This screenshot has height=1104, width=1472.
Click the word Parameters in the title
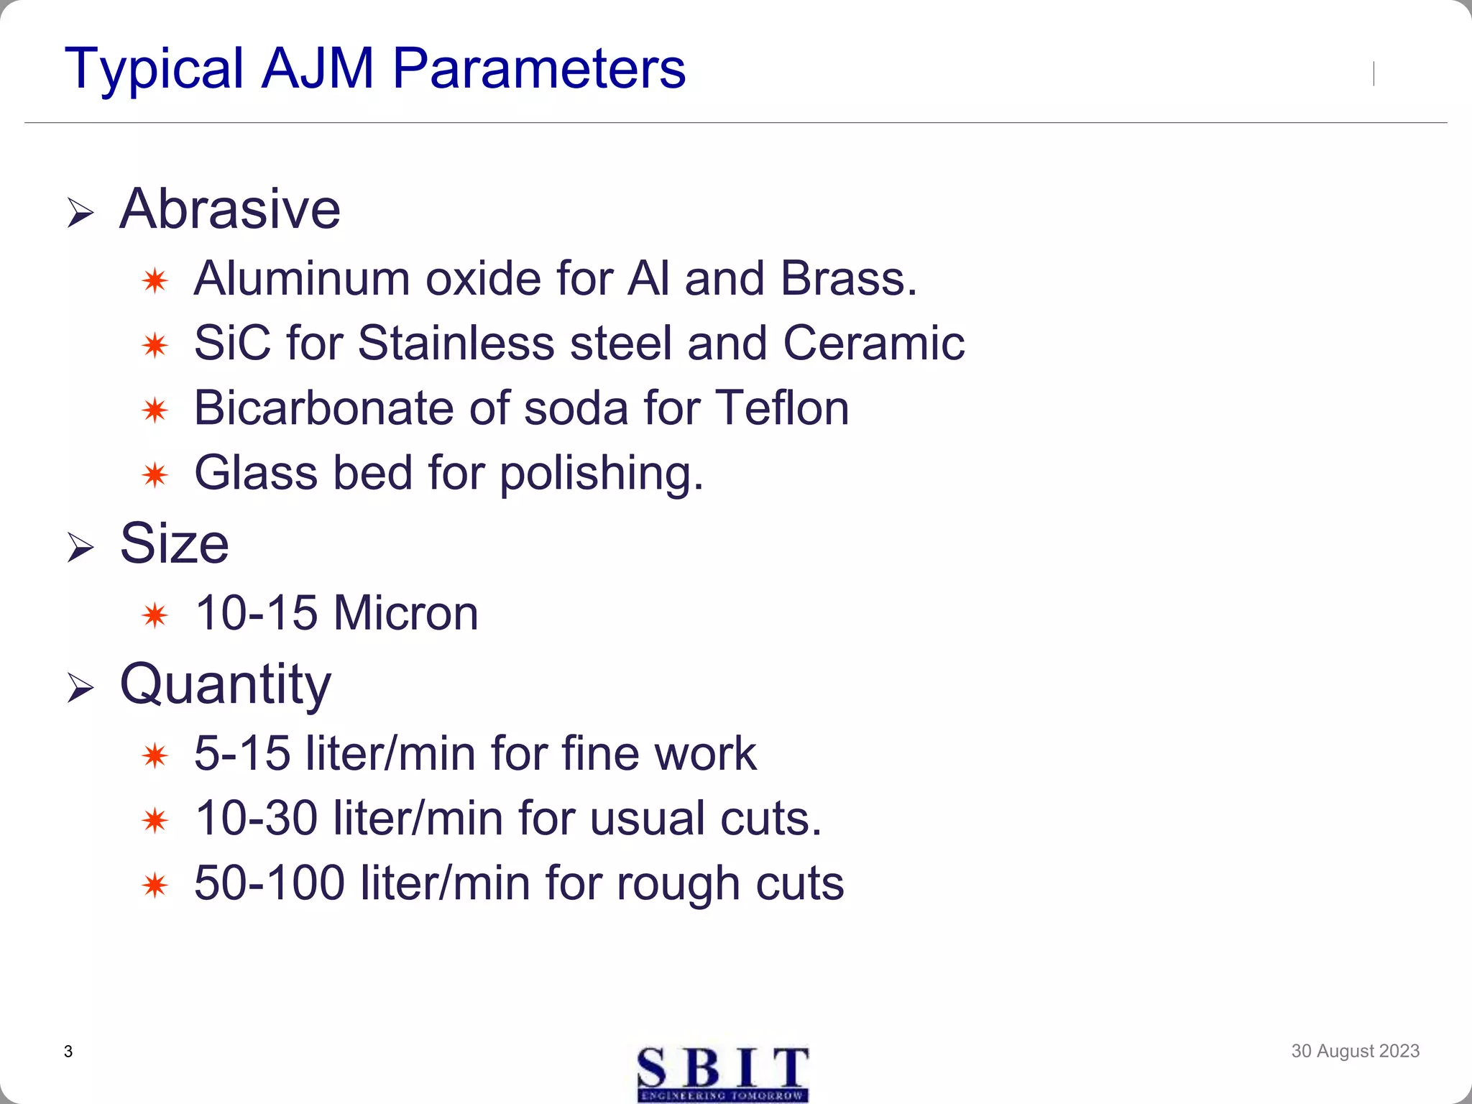point(539,68)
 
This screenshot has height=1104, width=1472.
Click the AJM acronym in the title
point(318,68)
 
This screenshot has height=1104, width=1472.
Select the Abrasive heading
point(230,209)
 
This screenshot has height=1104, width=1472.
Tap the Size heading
point(174,543)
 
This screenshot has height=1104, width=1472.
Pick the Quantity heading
point(226,684)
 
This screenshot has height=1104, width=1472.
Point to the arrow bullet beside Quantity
point(80,689)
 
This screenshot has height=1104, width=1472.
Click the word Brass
point(849,278)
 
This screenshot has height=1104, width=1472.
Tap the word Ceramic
point(873,343)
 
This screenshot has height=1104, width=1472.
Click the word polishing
point(601,474)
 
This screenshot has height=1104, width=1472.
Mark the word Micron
point(405,613)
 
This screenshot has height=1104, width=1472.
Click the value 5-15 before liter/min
point(242,754)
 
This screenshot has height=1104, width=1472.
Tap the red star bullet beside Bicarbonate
point(155,410)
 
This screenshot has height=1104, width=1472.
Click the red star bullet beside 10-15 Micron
point(155,616)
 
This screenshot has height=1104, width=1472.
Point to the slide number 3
point(68,1052)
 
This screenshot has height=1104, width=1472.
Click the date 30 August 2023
point(1355,1051)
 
